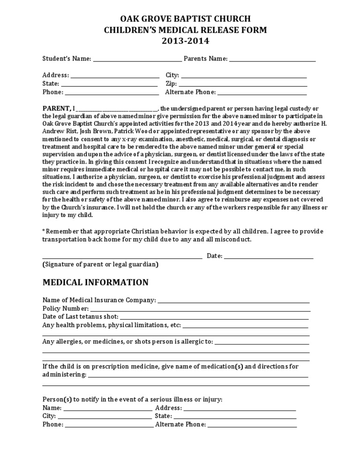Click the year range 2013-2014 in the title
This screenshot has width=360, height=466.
[x=180, y=41]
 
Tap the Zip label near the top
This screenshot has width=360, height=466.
[x=171, y=84]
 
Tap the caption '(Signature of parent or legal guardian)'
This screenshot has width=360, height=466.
[x=100, y=265]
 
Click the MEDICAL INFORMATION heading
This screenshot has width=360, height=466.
[x=96, y=283]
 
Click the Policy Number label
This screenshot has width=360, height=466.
[x=66, y=309]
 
